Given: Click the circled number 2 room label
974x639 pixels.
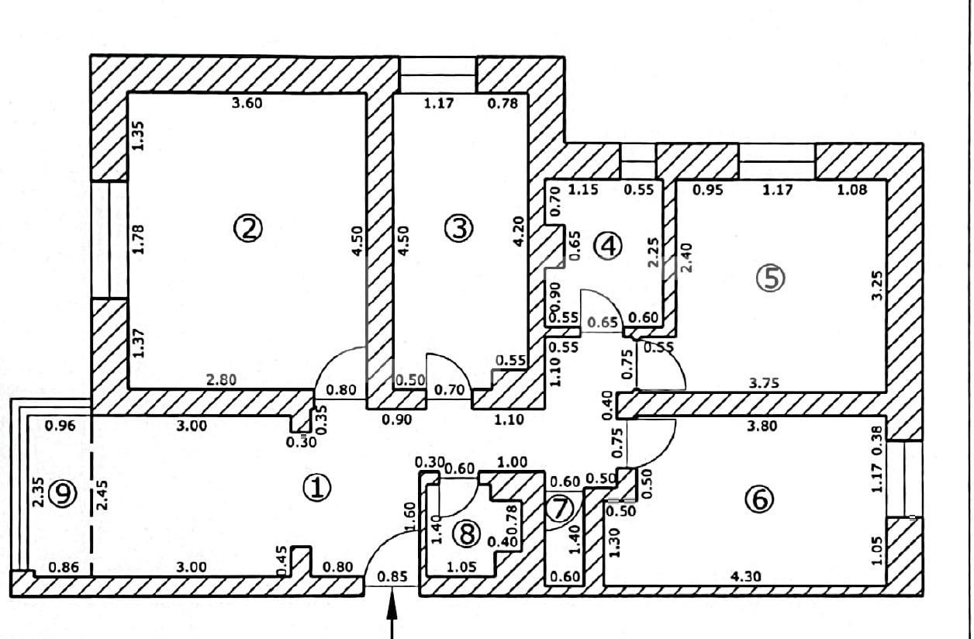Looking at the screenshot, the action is pos(248,228).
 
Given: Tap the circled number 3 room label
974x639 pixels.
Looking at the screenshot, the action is pos(459,228).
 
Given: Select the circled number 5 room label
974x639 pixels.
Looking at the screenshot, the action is pos(771,278).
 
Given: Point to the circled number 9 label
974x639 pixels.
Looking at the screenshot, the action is pos(63,493).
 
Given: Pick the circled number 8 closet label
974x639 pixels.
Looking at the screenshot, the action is pos(467,534).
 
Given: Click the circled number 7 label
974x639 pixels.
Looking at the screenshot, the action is pos(560,509).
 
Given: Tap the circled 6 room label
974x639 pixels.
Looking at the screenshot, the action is pos(760,499).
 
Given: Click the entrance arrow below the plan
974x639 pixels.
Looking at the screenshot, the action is pos(392,613).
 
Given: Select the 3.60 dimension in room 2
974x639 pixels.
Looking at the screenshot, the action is pos(247,103).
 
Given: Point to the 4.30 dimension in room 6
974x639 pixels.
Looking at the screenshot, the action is pos(746,576).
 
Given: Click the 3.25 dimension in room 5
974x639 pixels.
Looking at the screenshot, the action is pos(878,285).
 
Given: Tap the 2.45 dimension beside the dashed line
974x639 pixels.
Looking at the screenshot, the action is pos(103,495).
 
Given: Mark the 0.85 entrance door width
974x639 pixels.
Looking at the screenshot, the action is pos(392,576).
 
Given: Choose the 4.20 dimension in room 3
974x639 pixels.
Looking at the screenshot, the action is pos(519,232).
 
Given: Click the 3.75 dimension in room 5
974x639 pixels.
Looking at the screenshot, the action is pos(764,383).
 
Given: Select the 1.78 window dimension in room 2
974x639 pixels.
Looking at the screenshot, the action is pos(138,239).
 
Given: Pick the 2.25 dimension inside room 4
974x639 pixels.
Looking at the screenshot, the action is pos(653,252).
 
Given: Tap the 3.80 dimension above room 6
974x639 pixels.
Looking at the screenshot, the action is pos(762,426).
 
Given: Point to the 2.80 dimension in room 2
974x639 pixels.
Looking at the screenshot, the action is pos(221,380).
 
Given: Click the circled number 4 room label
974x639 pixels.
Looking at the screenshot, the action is pos(608,246).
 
